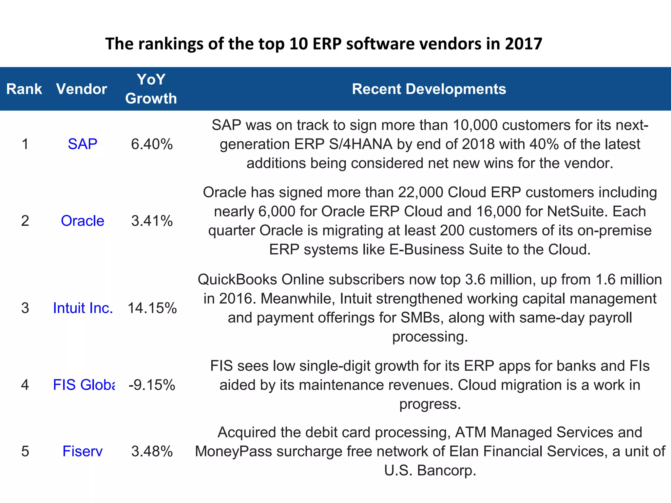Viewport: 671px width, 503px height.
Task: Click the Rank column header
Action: (24, 89)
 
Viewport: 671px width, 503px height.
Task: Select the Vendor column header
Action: (82, 89)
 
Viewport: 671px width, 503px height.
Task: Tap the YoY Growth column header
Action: (151, 89)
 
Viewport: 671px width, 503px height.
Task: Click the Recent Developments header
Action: (429, 89)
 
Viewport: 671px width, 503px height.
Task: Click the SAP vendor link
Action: (83, 144)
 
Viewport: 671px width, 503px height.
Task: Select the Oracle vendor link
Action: (83, 221)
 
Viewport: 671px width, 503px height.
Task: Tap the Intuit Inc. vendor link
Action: (83, 308)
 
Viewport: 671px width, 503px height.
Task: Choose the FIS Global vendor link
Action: (84, 385)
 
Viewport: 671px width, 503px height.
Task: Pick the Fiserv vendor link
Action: (83, 451)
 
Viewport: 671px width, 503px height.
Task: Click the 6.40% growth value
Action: (152, 144)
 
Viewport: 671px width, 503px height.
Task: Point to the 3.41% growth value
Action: (152, 221)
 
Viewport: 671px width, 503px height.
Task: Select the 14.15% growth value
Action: (152, 308)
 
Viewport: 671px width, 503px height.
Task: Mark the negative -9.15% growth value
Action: (152, 385)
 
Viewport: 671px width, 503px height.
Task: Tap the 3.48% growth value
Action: (152, 451)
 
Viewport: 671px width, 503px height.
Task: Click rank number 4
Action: (25, 385)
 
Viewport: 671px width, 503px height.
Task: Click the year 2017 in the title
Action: (524, 44)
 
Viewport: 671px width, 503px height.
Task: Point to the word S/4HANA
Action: (360, 144)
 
